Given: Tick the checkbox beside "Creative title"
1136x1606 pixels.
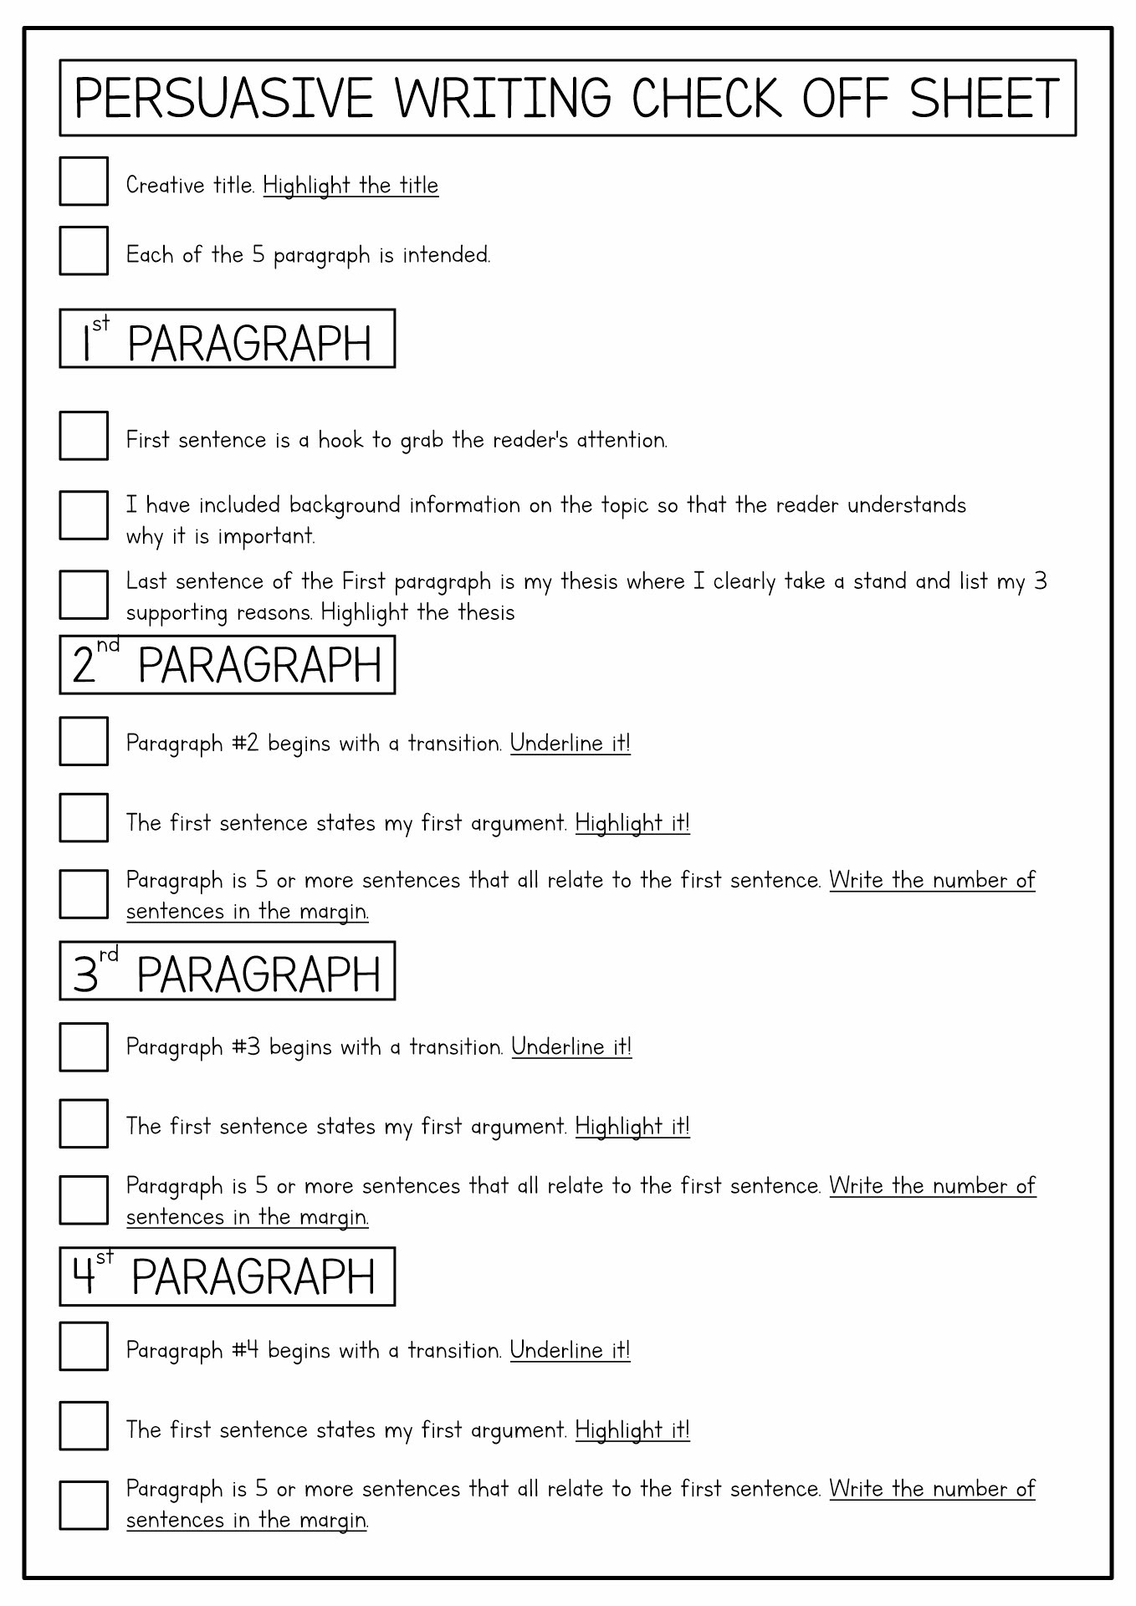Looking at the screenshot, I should (84, 181).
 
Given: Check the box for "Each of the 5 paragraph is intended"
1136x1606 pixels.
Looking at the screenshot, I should (84, 250).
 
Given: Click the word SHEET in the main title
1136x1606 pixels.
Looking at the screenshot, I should (985, 99).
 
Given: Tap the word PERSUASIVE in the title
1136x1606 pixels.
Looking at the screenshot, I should (223, 99).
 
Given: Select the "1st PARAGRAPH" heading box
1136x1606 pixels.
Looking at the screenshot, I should (227, 339).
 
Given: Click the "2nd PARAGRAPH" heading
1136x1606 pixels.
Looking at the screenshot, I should (227, 665).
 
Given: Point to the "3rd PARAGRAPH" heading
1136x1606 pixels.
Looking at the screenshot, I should (227, 971).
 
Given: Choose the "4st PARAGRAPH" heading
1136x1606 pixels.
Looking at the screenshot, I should (227, 1276).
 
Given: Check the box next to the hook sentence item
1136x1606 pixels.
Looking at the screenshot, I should (84, 436).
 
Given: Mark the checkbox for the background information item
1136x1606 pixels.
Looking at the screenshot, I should (84, 515).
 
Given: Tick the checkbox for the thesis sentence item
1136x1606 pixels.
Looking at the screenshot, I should (84, 595).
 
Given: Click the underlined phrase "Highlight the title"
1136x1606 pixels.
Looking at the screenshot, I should (351, 185).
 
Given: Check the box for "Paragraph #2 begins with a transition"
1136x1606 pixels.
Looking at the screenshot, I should (84, 741).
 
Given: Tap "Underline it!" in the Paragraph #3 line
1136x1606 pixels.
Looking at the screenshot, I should (571, 1047).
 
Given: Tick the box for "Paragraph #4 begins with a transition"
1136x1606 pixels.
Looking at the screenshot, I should (84, 1347).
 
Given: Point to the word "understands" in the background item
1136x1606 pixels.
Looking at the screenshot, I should (907, 505).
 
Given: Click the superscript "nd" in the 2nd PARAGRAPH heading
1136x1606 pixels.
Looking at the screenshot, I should (108, 646).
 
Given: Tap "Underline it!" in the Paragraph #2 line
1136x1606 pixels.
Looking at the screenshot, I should (570, 743).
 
